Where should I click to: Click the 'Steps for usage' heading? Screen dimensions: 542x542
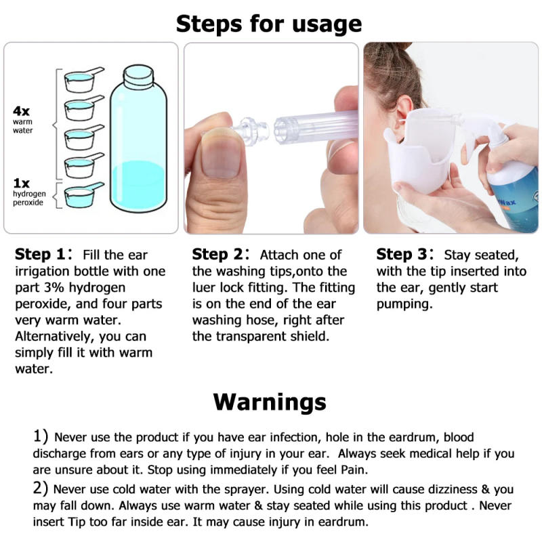(269, 24)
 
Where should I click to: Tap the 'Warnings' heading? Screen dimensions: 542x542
(270, 401)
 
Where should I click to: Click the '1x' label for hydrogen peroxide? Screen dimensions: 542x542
(22, 182)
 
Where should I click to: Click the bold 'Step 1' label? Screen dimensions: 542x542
(42, 255)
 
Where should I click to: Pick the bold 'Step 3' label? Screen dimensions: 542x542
(403, 255)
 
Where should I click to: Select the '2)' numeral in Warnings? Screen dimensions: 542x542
(41, 488)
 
